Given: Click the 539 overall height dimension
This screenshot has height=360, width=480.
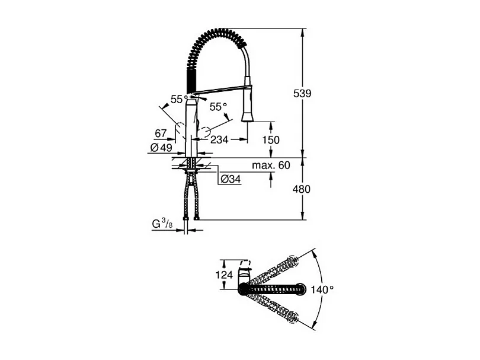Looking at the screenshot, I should pyautogui.click(x=302, y=94).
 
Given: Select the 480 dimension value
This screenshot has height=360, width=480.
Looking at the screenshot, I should pyautogui.click(x=302, y=189).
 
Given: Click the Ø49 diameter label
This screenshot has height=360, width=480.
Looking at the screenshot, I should pyautogui.click(x=161, y=148).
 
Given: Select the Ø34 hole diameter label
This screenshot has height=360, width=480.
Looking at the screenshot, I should pyautogui.click(x=231, y=179).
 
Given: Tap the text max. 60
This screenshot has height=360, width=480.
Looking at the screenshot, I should pyautogui.click(x=271, y=165).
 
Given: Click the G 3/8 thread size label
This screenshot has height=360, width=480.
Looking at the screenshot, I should pyautogui.click(x=162, y=225).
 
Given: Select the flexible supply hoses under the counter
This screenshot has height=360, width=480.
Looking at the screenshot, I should pyautogui.click(x=191, y=196).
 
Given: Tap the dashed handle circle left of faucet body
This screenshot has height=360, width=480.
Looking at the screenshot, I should pyautogui.click(x=179, y=130).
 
